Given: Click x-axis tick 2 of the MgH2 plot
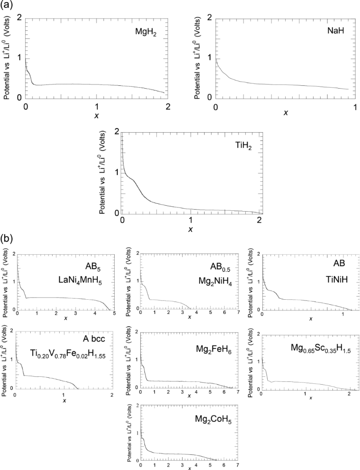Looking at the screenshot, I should [168, 105].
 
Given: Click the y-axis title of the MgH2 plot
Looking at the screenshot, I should [8, 58].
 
